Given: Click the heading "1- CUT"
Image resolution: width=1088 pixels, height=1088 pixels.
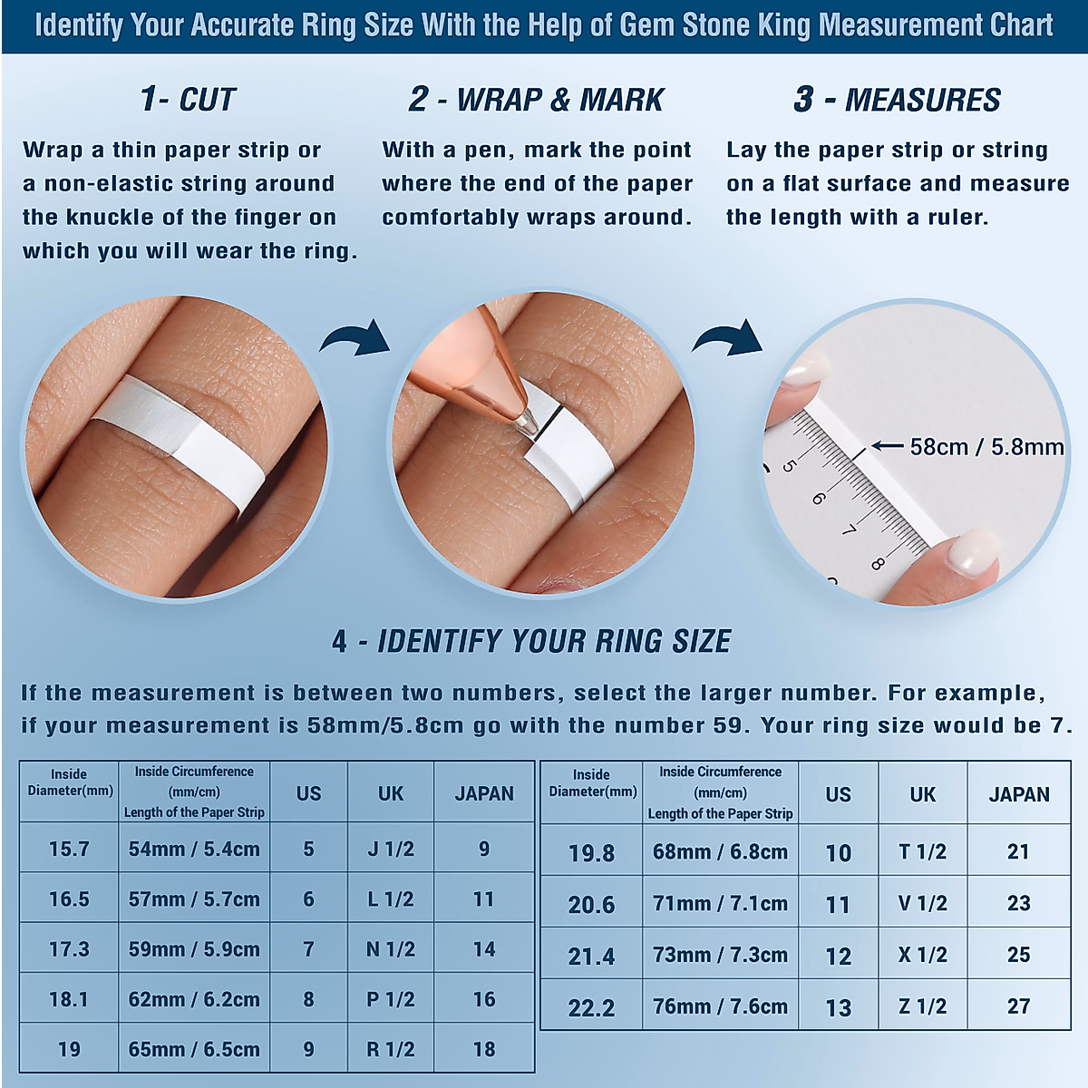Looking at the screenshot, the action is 188,100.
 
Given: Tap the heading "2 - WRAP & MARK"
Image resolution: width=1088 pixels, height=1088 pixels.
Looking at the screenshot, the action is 536,100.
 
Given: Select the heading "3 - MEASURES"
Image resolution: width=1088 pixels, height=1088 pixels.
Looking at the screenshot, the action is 897,100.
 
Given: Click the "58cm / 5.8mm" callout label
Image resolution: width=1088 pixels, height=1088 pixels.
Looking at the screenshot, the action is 986,447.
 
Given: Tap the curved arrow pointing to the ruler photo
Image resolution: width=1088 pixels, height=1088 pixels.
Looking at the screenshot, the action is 728,338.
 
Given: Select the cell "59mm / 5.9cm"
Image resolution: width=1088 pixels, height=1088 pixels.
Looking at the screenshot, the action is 194,949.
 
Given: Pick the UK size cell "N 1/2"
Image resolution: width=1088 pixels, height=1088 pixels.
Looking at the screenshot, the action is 391,949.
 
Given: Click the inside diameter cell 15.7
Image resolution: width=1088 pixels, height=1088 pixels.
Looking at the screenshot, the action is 69,849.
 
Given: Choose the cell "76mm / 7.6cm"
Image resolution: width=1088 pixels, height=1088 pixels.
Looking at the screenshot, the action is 720,1006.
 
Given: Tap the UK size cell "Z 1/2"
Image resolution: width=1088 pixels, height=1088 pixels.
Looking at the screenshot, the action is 923,1006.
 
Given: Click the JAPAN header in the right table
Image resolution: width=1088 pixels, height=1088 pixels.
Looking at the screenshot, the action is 1018,794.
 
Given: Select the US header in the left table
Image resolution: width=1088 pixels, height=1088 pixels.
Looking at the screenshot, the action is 308,793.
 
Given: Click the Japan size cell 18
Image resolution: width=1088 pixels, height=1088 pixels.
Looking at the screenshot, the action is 484,1049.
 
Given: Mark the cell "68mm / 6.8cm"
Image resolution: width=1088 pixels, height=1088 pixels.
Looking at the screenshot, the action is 720,851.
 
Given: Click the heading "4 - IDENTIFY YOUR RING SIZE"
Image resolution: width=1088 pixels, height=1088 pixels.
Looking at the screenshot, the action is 531,641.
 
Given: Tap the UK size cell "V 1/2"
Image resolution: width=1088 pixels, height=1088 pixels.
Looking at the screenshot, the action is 923,903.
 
